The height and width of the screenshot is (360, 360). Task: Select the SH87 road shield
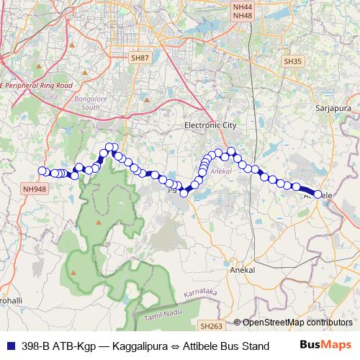point(140,57)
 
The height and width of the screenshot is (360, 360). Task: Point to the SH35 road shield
point(292,62)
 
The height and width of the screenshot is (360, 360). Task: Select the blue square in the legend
point(8,346)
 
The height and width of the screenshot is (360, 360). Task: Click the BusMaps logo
point(325,345)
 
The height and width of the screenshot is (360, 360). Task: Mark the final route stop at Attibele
point(318,194)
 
